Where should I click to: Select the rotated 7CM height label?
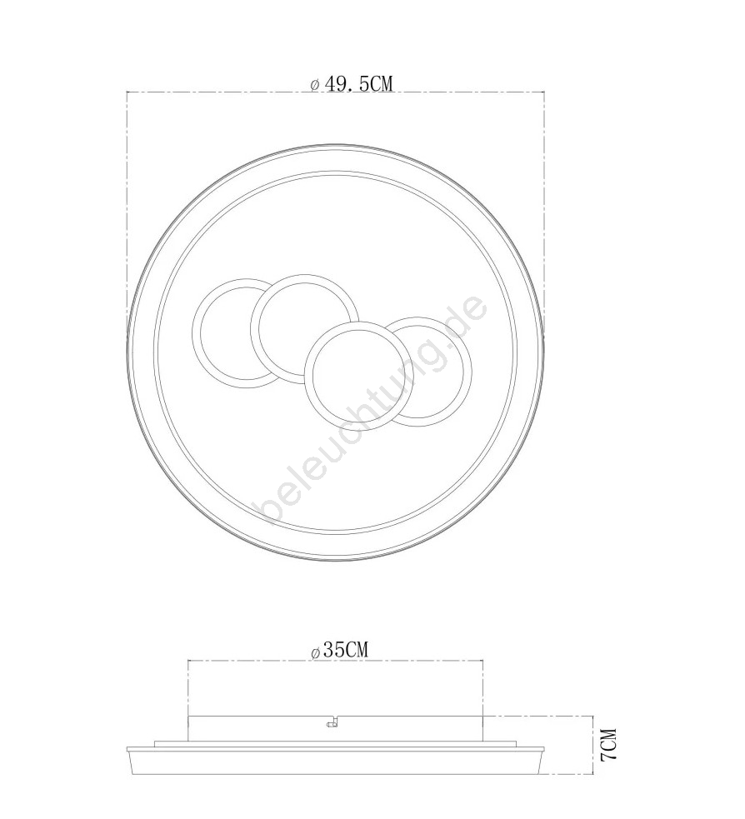pyautogui.click(x=608, y=745)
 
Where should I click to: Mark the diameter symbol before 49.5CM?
pyautogui.click(x=314, y=85)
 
